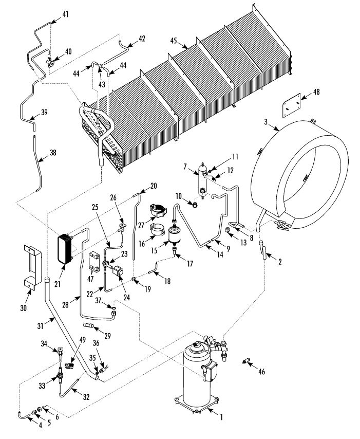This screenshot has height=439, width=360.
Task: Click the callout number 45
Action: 174,41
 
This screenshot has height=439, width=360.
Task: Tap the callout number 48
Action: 316,92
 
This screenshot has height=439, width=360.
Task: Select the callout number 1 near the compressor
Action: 221,417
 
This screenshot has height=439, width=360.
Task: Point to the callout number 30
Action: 23,308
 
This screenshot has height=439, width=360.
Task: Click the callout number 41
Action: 65,14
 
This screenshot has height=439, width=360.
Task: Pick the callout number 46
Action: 261,372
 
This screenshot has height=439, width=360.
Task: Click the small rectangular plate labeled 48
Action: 291,105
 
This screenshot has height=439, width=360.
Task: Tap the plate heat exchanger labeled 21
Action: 65,249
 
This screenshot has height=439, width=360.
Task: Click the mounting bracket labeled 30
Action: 33,267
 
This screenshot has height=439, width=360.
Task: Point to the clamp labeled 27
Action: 158,210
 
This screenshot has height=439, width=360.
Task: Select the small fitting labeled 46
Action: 245,361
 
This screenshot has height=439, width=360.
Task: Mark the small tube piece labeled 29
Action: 89,325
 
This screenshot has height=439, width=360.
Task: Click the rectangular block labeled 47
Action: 94,262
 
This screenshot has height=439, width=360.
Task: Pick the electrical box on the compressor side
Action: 211,371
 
